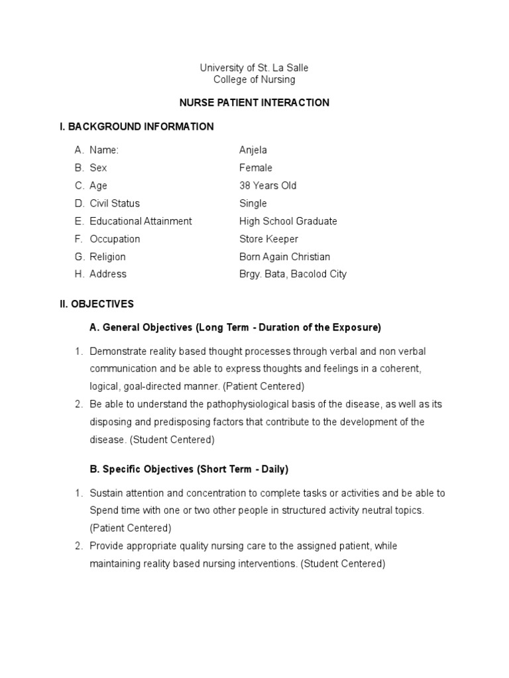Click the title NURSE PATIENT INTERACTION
254,103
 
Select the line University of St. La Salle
254,68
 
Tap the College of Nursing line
254,79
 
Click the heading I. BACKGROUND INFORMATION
137,126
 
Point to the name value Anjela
253,150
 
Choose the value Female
256,168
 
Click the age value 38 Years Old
268,186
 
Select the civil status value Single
253,203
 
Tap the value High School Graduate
288,221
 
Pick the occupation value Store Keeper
269,239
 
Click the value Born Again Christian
284,257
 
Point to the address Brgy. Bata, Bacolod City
293,274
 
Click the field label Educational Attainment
141,221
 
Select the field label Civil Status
115,203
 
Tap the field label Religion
107,257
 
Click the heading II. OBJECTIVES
97,305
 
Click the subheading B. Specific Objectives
189,469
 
